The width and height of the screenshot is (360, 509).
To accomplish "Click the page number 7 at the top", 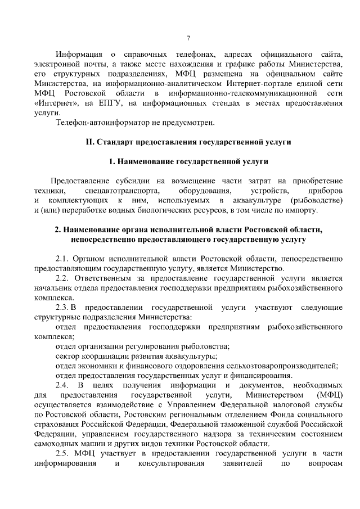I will [188, 38].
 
